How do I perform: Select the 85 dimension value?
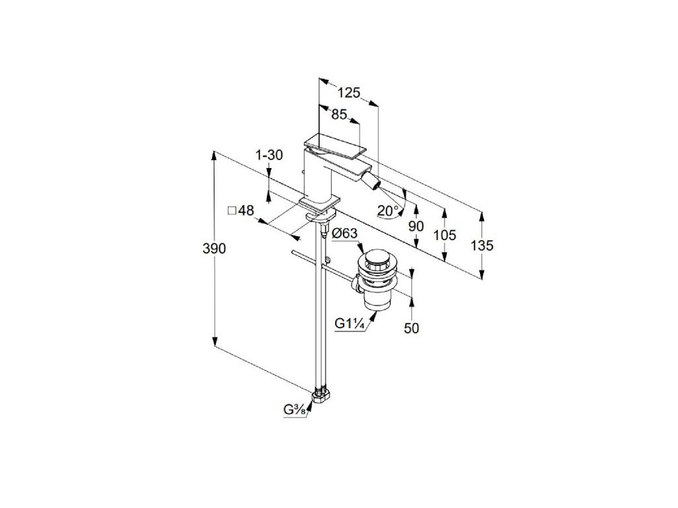coord(339,115)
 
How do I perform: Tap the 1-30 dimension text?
coord(269,155)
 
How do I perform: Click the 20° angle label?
coord(388,211)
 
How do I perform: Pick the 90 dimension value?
coord(415,226)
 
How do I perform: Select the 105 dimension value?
coord(446,235)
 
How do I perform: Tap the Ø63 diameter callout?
coord(344,233)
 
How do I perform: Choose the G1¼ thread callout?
coord(348,323)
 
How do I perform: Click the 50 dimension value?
coord(412,327)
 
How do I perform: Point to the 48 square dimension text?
coord(241,210)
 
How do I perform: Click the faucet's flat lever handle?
coord(334,144)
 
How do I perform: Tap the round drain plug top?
coord(377,257)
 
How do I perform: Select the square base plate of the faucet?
coord(320,201)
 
